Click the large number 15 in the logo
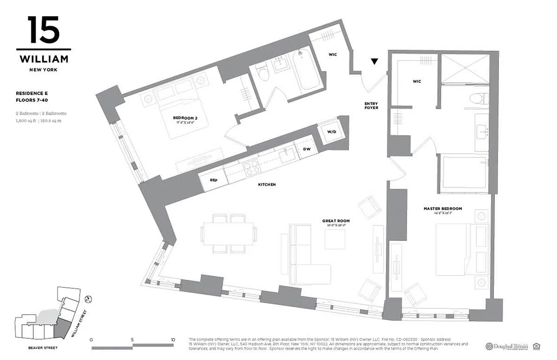(x=43, y=30)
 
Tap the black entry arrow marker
(x=375, y=62)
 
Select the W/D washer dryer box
(x=331, y=132)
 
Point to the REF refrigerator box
(x=213, y=180)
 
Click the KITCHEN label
(x=267, y=184)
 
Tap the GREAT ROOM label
(x=335, y=221)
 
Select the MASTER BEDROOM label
(x=443, y=209)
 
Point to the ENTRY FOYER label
(x=371, y=106)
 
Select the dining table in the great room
(x=229, y=234)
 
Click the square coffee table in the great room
(x=335, y=239)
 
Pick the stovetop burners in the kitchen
(x=251, y=168)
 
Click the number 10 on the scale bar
(x=173, y=340)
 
